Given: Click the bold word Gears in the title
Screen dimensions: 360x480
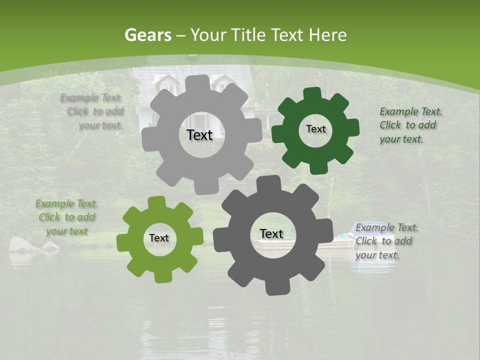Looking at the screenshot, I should pos(147,35).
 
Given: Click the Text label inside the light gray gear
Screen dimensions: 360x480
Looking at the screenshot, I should pos(199,135).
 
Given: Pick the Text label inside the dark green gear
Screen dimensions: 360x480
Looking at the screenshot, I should pos(315,129).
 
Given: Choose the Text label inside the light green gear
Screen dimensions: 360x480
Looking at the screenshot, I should pos(159,238).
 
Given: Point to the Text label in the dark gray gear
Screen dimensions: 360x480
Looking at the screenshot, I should pos(271,233).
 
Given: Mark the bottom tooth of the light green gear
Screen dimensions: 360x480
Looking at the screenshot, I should pos(160,276).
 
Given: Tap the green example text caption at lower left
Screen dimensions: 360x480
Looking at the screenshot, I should pos(66,217).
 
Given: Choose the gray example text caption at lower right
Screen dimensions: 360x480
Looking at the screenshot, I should pos(386,241).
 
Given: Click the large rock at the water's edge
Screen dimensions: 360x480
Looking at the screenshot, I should pos(24,244).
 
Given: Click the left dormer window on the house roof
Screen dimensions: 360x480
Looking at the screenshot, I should pos(166,83).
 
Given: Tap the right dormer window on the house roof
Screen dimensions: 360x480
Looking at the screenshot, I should pos(223,83).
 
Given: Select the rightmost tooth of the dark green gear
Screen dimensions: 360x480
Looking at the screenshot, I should pos(353,128).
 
